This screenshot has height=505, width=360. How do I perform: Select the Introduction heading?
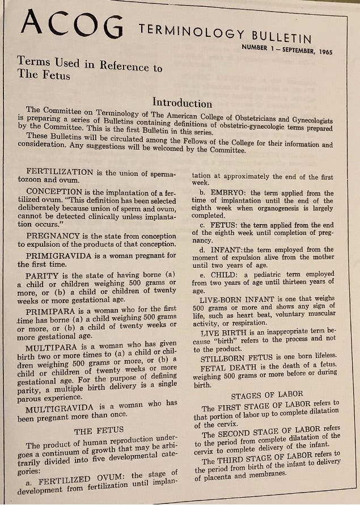[x=182, y=103]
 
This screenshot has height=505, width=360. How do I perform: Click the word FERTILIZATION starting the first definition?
[x=60, y=171]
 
